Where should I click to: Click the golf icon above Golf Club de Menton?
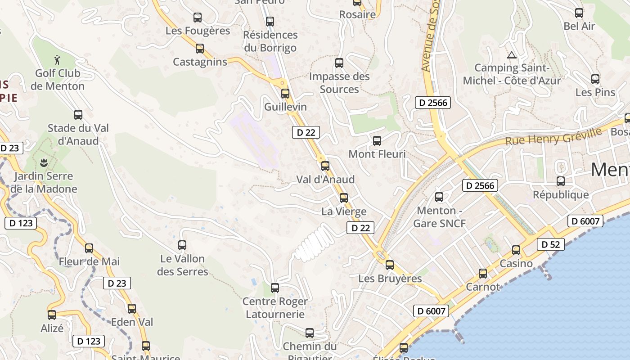[x=57, y=59]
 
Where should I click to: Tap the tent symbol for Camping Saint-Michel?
[x=511, y=55]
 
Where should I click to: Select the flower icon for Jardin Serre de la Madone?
[x=44, y=162]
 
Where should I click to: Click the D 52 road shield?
[x=550, y=244]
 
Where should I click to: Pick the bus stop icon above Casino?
[x=516, y=250]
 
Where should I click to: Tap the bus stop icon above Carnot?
[x=483, y=273]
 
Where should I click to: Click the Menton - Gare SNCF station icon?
[x=439, y=197]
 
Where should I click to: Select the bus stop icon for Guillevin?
[x=285, y=94]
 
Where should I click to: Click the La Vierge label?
[x=344, y=211]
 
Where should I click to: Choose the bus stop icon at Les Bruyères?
[x=390, y=265]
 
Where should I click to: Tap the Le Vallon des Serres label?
[x=182, y=265]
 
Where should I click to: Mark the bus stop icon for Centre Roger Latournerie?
[x=275, y=288]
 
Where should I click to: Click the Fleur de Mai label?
[x=89, y=261]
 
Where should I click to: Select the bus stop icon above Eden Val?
[x=132, y=309]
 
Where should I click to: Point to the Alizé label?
[x=52, y=328]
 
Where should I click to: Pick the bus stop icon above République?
[x=561, y=181]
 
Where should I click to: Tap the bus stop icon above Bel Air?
[x=579, y=13]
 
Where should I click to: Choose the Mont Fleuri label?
[x=377, y=154]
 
